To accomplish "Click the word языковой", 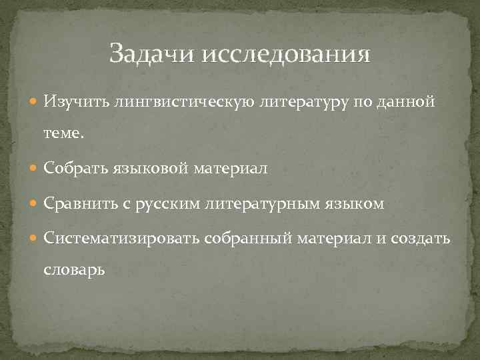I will coord(151,169).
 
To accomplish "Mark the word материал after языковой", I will coord(231,169).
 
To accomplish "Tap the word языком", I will coord(358,204).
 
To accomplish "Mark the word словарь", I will coord(74,271).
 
